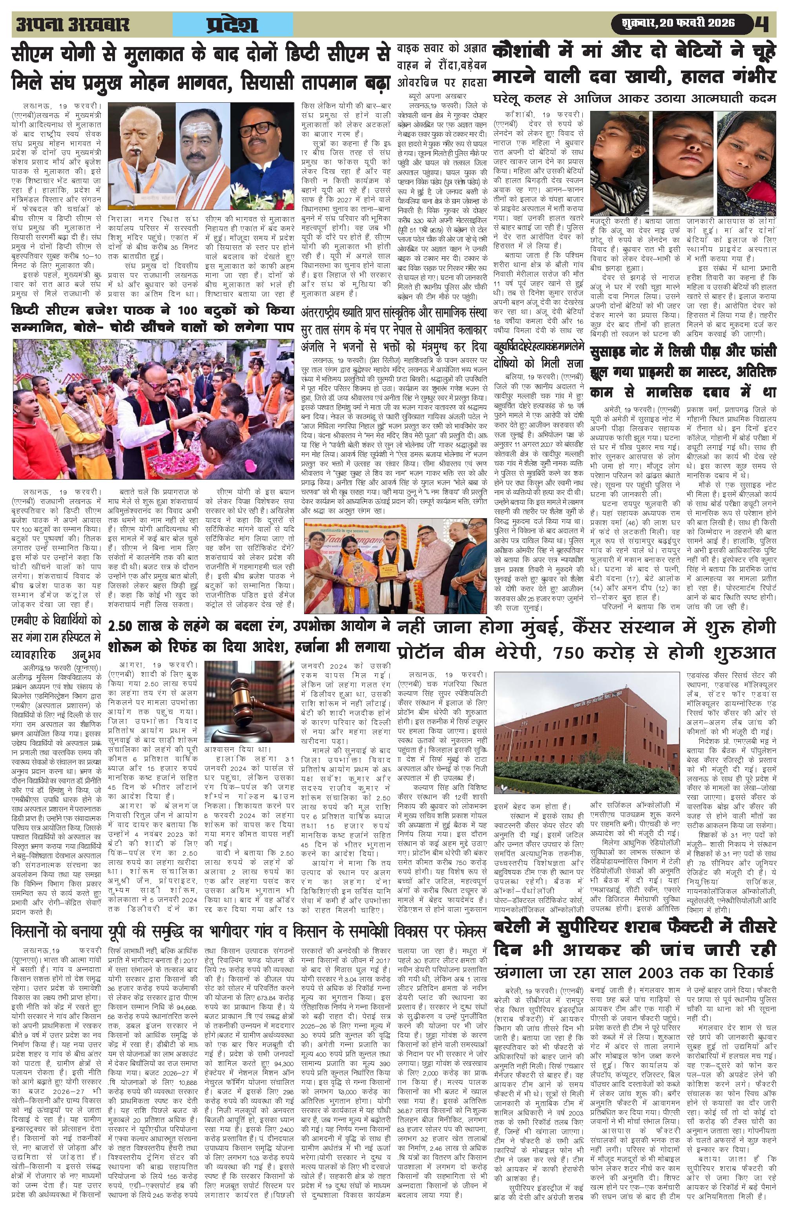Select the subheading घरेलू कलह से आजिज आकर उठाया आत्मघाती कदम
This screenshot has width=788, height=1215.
(634, 98)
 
